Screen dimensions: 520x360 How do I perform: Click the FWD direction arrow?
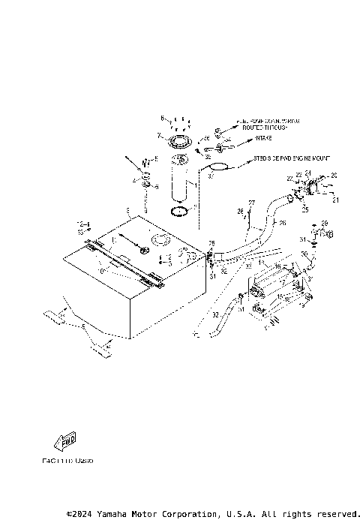[x=67, y=440]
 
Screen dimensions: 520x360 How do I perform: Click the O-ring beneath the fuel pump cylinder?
[x=179, y=211]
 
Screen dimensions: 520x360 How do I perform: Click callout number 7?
[x=159, y=136]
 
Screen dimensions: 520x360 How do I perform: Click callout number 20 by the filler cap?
[x=334, y=175]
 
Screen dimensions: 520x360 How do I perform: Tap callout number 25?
[x=304, y=211]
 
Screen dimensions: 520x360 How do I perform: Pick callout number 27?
[x=252, y=203]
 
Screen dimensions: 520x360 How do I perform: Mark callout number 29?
[x=325, y=224]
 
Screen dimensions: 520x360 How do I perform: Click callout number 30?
[x=305, y=255]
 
